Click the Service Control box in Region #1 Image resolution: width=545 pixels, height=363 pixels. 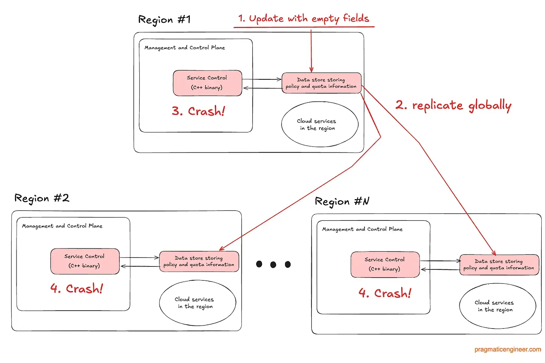point(207,83)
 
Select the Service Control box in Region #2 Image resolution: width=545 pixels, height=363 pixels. point(85,261)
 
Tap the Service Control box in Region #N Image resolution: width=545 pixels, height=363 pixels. point(385,265)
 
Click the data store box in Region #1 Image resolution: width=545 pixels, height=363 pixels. point(321,83)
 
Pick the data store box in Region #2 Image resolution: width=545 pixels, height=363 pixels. point(199,261)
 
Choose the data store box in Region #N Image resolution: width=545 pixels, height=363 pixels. point(499,265)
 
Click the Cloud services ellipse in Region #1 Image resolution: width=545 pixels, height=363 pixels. point(319,125)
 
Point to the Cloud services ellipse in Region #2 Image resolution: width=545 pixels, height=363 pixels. point(197,303)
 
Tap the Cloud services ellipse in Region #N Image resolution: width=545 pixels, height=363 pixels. point(497,306)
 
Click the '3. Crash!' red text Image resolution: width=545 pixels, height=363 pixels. point(198,111)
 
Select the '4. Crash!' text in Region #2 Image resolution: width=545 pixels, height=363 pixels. point(77,289)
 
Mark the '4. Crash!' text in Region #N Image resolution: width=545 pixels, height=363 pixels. point(385,293)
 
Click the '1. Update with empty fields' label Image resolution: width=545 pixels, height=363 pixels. point(304,19)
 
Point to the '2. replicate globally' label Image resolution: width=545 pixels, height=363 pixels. point(453,106)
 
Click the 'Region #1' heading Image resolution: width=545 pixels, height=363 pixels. point(164,19)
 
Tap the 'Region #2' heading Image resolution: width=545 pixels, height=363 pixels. point(42,198)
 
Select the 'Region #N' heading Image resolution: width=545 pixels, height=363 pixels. point(342,202)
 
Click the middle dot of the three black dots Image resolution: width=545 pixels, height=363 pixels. point(273,265)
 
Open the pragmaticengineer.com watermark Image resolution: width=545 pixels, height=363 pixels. point(508,350)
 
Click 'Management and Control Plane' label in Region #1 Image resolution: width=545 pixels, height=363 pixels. point(185,48)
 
